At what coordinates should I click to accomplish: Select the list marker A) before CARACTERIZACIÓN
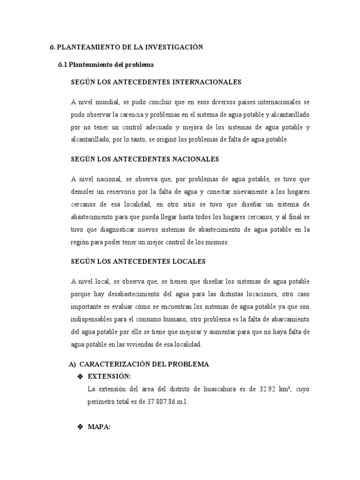click(72, 364)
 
